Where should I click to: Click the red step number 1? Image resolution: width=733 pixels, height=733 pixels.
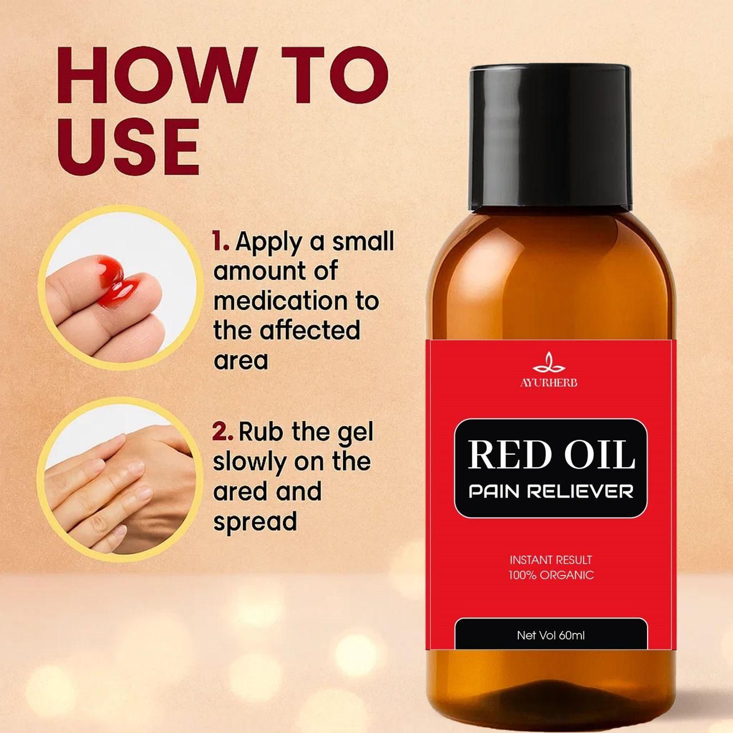[x=220, y=241]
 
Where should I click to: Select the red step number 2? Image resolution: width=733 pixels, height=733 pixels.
[x=222, y=432]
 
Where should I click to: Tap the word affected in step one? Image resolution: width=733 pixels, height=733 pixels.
[x=310, y=330]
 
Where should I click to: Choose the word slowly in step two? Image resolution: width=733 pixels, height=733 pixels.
[x=250, y=462]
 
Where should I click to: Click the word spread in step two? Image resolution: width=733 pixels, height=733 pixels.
[x=255, y=521]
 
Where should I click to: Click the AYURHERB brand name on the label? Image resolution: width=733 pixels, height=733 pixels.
[x=549, y=383]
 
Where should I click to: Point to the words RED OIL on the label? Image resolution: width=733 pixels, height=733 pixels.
[x=551, y=455]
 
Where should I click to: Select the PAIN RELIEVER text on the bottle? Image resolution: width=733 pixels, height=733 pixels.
[x=551, y=491]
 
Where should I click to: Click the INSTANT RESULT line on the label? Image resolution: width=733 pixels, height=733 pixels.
[x=551, y=560]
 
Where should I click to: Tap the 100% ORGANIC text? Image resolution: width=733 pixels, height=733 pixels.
[x=551, y=575]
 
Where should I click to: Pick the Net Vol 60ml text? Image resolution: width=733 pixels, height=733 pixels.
[x=551, y=635]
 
